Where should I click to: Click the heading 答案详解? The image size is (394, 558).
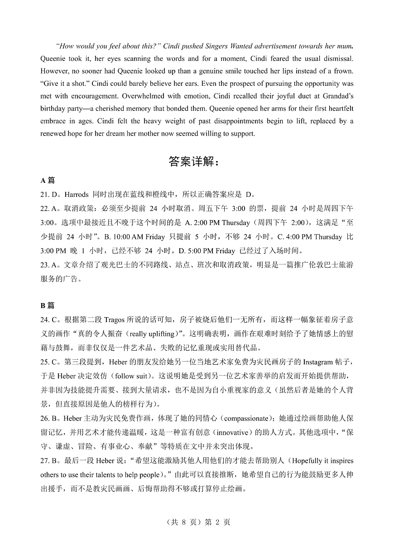click(x=193, y=162)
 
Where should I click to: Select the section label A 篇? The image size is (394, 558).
click(x=48, y=181)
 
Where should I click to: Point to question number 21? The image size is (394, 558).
click(x=44, y=195)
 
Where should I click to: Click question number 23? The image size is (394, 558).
click(x=44, y=265)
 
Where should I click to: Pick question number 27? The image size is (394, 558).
click(x=44, y=461)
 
